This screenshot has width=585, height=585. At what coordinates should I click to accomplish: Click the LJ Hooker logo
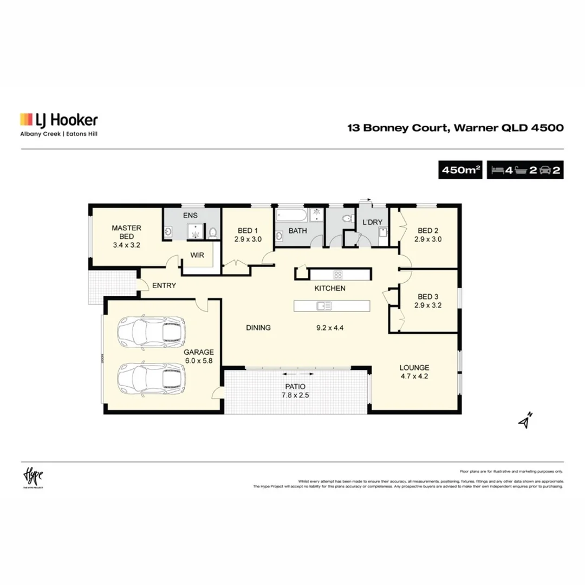coord(58,120)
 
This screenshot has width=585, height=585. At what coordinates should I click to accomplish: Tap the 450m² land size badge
coord(461,170)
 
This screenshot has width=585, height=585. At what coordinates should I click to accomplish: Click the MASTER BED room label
coord(126,232)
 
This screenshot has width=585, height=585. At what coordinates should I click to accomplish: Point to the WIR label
coord(197,256)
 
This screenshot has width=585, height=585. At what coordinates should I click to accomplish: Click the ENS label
coord(190,216)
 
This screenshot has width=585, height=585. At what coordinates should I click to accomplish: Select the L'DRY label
coord(372,223)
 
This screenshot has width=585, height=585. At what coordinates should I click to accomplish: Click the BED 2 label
coord(428,230)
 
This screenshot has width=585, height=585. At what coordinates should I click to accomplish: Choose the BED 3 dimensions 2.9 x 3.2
coord(428,305)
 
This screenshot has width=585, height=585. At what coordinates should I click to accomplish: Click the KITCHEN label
coord(330,288)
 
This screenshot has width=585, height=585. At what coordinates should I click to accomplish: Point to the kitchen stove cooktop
coord(338,274)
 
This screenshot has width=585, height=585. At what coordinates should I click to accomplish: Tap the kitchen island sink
coord(324,306)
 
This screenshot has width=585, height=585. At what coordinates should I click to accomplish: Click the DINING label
coord(258,328)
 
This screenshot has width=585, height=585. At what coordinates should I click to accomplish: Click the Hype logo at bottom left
coord(32,477)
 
